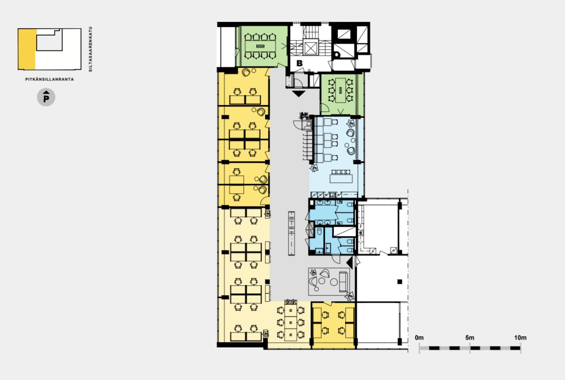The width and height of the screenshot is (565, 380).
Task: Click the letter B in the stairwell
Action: [x=300, y=63]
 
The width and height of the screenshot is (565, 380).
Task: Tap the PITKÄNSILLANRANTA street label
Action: [x=49, y=79]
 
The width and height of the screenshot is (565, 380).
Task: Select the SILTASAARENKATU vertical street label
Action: [x=91, y=49]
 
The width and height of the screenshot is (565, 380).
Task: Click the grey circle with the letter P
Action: [x=46, y=97]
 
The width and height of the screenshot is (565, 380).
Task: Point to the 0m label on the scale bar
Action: [x=419, y=337]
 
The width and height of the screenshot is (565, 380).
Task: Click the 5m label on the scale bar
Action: [x=470, y=337]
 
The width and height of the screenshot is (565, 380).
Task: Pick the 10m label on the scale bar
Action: [x=520, y=337]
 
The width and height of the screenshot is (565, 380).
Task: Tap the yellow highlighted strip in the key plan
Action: [x=27, y=49]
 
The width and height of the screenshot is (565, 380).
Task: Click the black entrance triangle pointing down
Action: [x=299, y=94]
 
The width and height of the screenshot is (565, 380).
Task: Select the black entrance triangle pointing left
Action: [x=350, y=262]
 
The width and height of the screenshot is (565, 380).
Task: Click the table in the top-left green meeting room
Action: [x=260, y=46]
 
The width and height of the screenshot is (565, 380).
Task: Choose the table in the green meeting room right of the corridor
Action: [x=341, y=90]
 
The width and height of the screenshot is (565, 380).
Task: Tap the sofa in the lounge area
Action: [x=343, y=281]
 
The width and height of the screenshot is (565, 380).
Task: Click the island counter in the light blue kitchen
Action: [x=341, y=178]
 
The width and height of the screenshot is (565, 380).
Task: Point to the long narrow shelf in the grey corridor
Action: [x=291, y=233]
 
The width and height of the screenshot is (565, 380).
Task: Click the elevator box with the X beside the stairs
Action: [x=311, y=47]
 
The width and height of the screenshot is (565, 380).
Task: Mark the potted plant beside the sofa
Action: [x=350, y=296]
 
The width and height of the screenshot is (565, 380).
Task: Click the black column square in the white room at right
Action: [x=400, y=281]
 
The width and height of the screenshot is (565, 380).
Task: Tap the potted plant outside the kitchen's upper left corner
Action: [x=304, y=116]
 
